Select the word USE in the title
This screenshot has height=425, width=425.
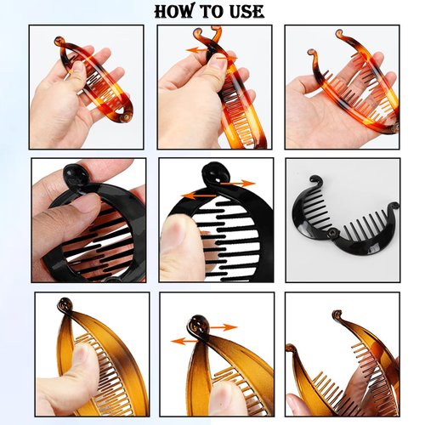coord(247,12)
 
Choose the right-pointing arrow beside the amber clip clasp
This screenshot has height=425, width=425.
coord(224,326)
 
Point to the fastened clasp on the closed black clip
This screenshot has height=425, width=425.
coord(71,174)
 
